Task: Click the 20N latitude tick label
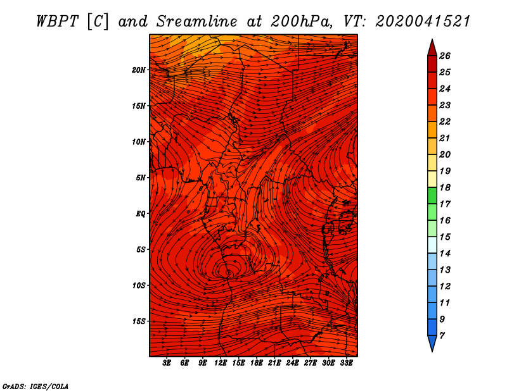tap(139, 70)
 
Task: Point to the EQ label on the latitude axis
tap(140, 214)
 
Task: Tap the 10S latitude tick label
tap(139, 285)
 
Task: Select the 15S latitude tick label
tap(139, 321)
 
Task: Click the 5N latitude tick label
tap(141, 178)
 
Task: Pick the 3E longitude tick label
tap(167, 363)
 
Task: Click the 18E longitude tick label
tap(257, 363)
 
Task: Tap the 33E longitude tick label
tap(346, 363)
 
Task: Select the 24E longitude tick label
tap(292, 363)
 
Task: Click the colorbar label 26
tap(445, 56)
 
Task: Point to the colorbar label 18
tap(445, 187)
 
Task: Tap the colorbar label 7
tap(442, 336)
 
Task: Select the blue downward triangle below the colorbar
tap(432, 342)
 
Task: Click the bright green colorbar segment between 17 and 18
tap(432, 195)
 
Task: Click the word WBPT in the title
tap(58, 22)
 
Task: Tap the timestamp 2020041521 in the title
tap(423, 22)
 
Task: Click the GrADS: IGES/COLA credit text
tap(35, 386)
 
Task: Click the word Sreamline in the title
tap(197, 22)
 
